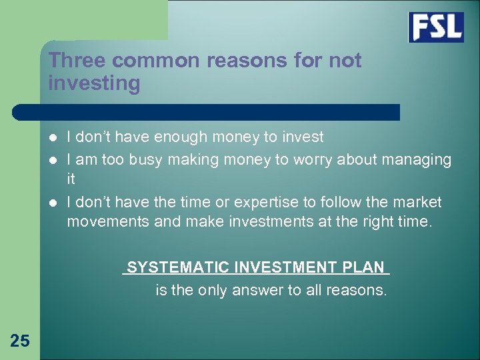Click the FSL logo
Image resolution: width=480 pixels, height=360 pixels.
[436, 27]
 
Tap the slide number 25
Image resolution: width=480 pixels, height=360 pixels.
[20, 341]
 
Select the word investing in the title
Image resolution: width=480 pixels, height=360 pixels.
[94, 84]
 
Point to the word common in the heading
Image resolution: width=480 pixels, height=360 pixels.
[157, 61]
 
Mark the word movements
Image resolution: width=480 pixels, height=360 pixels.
[108, 222]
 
